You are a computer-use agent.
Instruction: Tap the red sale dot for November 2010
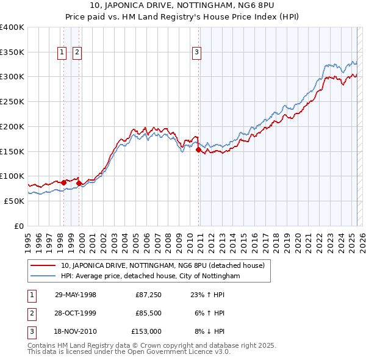click(x=198, y=149)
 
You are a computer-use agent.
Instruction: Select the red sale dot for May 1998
click(x=63, y=182)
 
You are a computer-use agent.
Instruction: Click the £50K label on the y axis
click(x=15, y=201)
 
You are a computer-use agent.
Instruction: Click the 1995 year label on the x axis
click(x=28, y=238)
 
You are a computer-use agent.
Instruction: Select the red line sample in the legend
click(x=43, y=265)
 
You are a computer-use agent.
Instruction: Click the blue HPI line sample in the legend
click(x=43, y=276)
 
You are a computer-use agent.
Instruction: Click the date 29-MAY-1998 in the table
click(x=76, y=295)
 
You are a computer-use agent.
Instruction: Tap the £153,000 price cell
click(x=146, y=331)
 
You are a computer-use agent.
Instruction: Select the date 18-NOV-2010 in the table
click(x=76, y=331)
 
